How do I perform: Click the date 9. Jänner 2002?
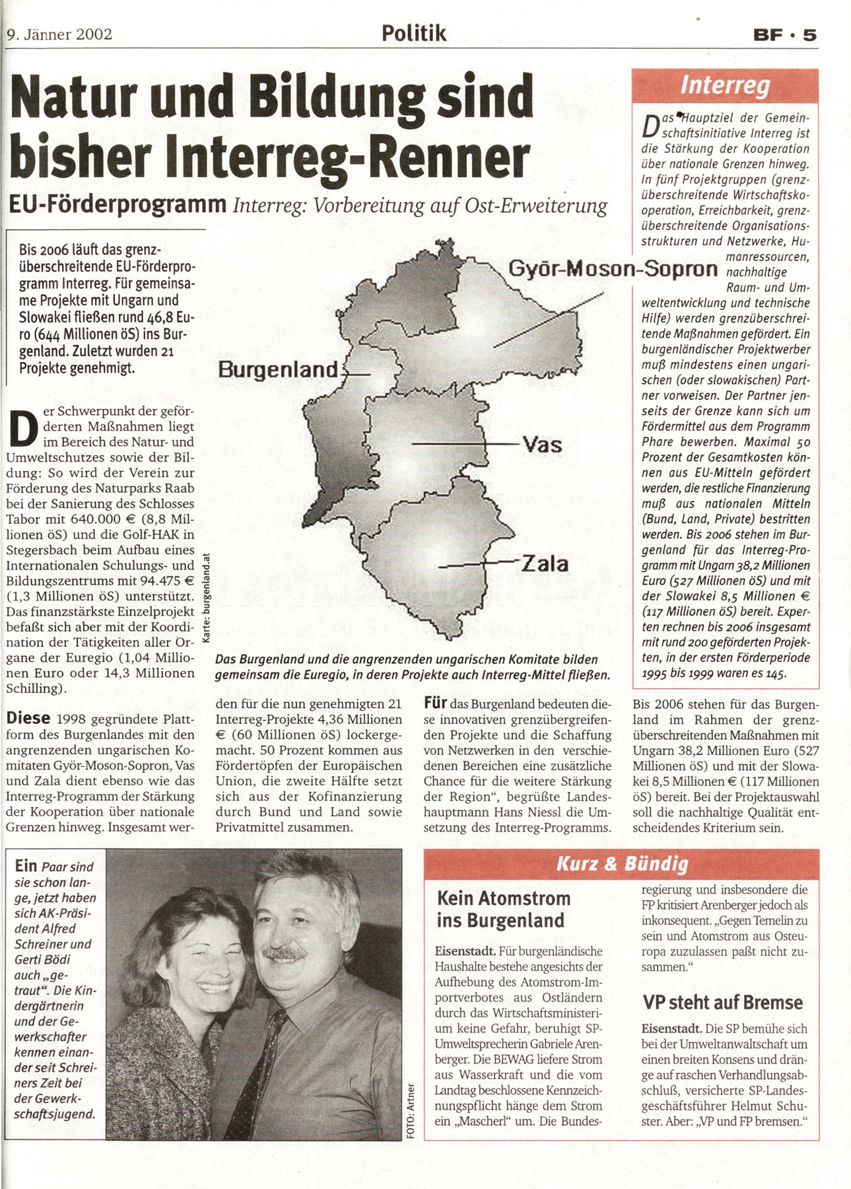(59, 34)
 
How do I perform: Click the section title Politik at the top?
(414, 33)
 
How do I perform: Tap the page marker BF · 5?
(785, 34)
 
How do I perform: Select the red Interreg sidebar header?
(725, 85)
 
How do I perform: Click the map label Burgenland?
(278, 369)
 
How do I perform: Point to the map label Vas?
(543, 445)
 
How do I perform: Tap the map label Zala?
(545, 563)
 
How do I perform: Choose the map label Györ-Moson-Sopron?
(613, 268)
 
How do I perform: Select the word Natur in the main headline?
(74, 96)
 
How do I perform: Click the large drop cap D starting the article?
(22, 429)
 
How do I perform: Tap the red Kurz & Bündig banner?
(622, 863)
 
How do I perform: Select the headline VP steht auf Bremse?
(723, 1002)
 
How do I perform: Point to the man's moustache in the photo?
(285, 953)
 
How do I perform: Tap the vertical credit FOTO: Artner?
(411, 1110)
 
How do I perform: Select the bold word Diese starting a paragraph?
(28, 718)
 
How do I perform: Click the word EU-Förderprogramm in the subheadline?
(118, 204)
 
